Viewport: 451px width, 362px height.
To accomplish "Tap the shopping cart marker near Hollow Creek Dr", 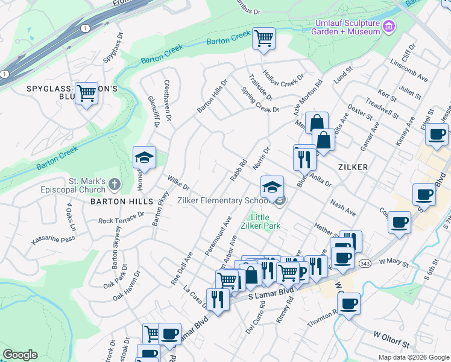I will coord(263,39).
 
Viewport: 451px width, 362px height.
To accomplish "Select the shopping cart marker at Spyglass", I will coord(87,94).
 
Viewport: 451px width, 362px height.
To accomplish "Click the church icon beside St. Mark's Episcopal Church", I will coord(115,183).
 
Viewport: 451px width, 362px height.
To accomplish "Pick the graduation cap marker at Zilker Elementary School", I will coord(272,187).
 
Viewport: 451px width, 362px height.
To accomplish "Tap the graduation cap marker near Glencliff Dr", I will coord(144,158).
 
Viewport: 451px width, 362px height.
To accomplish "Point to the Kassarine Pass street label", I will coord(52,240).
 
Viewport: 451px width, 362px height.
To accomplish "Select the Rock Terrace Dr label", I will coord(122,217).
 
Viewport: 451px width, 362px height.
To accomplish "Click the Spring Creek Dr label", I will coord(260,101).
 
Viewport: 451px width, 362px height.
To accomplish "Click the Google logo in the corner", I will coord(20,355).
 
